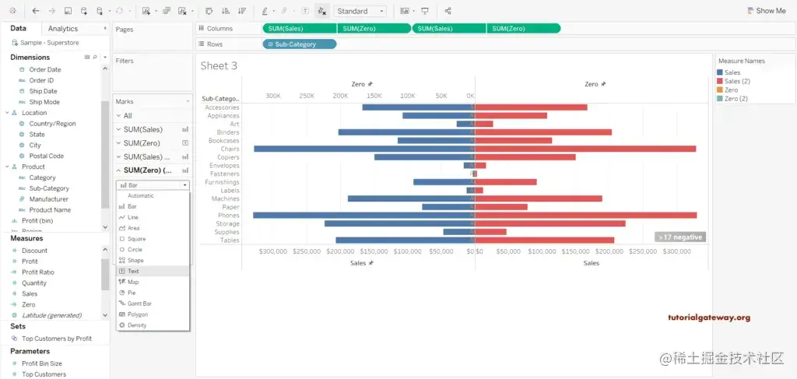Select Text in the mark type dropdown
(134, 271)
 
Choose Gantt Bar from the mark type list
(139, 304)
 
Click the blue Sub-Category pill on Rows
(300, 44)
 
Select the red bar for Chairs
(585, 149)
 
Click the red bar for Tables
(544, 240)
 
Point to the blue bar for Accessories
(417, 107)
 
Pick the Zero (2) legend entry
(736, 99)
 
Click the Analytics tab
(63, 29)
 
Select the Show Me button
(766, 11)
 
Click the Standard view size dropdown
(360, 11)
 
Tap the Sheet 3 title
(219, 66)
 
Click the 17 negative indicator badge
(680, 237)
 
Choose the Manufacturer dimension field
(48, 199)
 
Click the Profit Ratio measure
(37, 272)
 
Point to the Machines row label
(225, 198)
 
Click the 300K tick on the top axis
(273, 96)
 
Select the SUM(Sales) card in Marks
(143, 129)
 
